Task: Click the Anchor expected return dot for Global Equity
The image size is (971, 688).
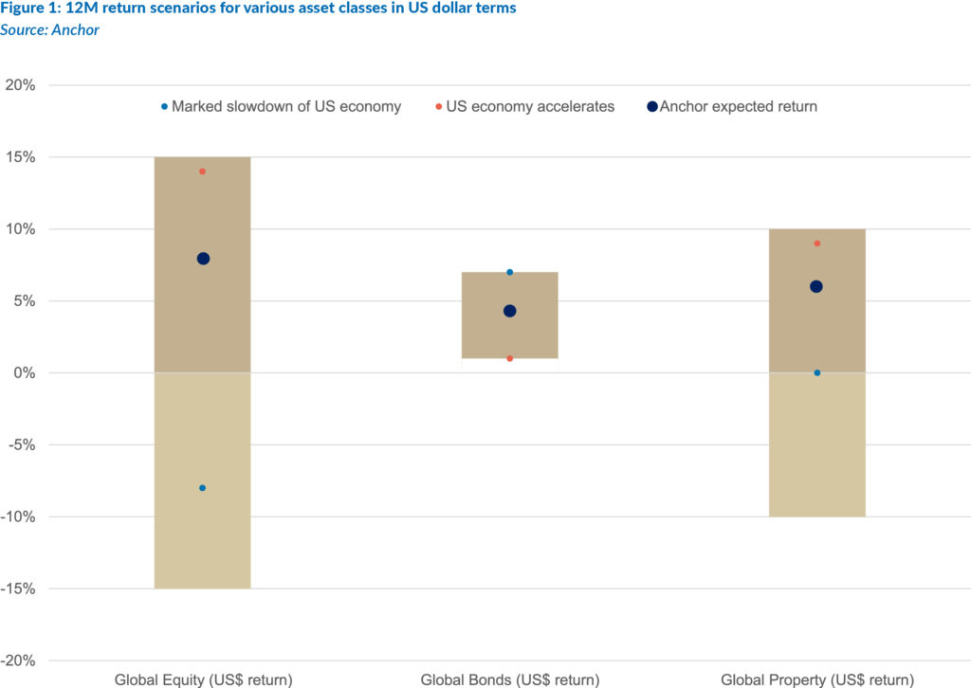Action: point(203,259)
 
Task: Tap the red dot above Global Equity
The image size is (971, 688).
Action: point(203,172)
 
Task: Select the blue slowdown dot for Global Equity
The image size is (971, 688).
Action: point(203,488)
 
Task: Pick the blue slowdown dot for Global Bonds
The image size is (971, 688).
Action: point(509,272)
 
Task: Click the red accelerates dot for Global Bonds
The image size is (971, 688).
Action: point(509,358)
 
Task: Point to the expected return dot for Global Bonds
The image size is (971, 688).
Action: point(509,311)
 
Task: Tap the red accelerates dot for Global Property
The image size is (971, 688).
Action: point(816,244)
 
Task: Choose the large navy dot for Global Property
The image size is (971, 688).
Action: point(816,286)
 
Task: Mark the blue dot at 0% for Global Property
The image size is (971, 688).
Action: point(816,372)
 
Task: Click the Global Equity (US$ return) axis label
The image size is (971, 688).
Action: point(203,679)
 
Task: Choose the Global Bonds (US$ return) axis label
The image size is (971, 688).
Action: point(509,679)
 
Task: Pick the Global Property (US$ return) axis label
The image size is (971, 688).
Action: point(816,679)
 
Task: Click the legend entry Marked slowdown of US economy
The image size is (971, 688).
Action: point(285,106)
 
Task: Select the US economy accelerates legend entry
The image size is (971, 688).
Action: point(529,106)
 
